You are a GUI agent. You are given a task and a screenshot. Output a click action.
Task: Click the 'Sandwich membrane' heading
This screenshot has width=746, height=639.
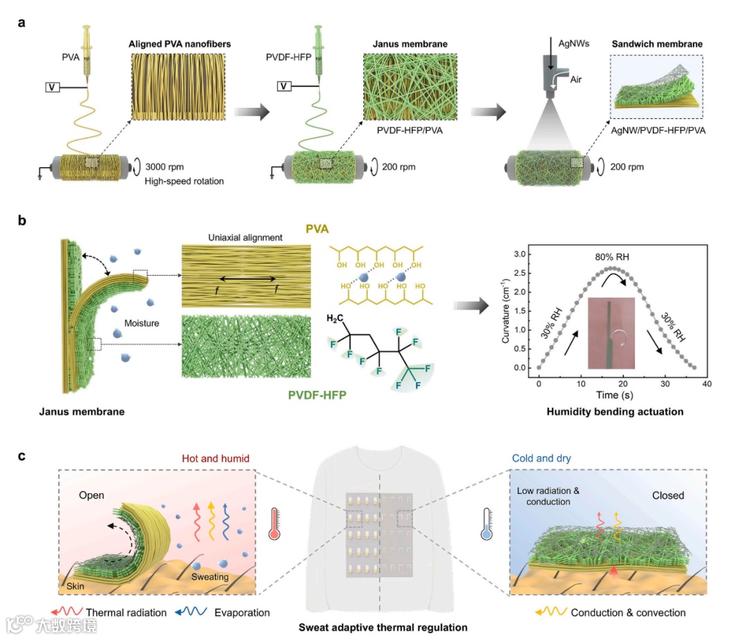pyautogui.click(x=657, y=44)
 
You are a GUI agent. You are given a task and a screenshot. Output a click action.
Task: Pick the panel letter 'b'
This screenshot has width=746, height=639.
pyautogui.click(x=22, y=222)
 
